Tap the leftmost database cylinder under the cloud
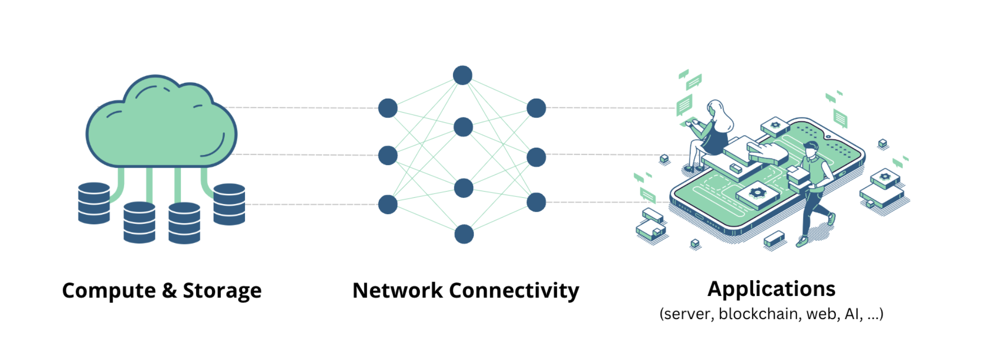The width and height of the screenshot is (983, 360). (94, 203)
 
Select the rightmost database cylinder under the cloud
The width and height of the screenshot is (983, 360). (229, 204)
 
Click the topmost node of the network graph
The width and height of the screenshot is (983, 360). (463, 76)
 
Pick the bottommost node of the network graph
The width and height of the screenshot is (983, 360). (464, 234)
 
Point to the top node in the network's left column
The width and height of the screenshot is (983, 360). (388, 108)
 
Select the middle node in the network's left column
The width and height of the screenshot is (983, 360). (388, 155)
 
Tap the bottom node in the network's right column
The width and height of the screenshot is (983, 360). (536, 202)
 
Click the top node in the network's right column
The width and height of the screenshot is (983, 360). (536, 108)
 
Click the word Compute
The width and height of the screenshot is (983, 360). (109, 291)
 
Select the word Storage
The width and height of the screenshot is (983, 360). (222, 291)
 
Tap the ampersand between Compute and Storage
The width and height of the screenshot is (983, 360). (169, 291)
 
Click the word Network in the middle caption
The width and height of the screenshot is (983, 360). (398, 291)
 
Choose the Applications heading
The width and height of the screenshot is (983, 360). (771, 289)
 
